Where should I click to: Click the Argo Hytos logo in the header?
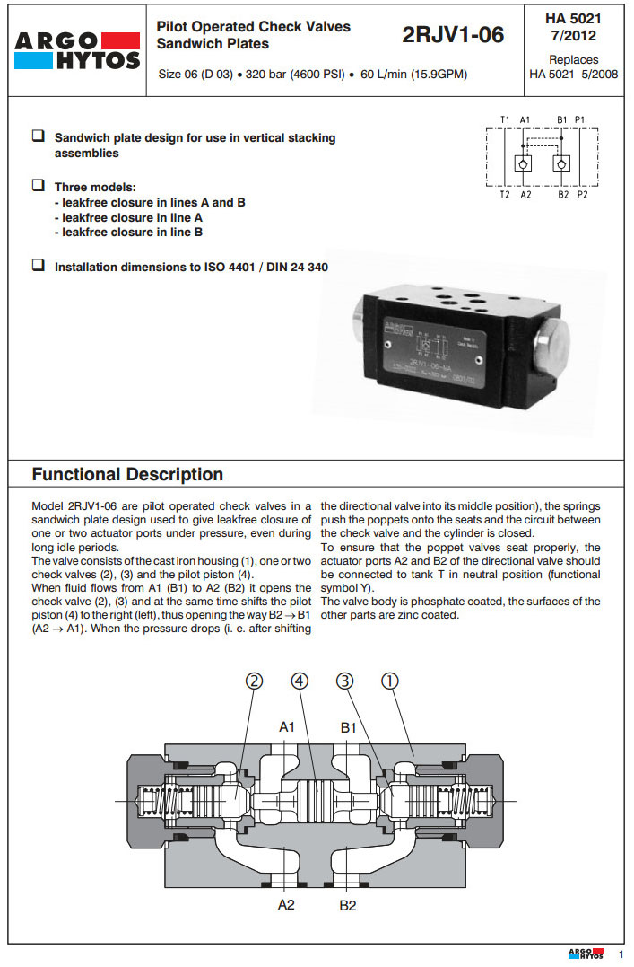pos(77,51)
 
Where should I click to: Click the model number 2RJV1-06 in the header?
pos(453,35)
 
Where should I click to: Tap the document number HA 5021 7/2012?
pos(573,27)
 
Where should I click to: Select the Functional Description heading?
pos(127,474)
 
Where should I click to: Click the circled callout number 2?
pos(256,681)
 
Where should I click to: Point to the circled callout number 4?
pos(300,681)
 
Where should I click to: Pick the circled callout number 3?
pos(345,681)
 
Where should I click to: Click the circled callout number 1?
pos(390,681)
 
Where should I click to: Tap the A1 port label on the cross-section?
pos(286,727)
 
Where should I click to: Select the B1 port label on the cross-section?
pos(349,727)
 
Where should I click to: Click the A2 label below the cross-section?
pos(286,904)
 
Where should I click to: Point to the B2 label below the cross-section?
pos(348,905)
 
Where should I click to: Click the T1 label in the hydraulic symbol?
pos(505,119)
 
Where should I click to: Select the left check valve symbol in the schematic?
pos(524,164)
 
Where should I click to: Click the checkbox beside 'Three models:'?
pos(39,185)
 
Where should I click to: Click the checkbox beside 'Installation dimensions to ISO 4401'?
pos(39,265)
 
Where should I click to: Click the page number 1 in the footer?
pos(621,954)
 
